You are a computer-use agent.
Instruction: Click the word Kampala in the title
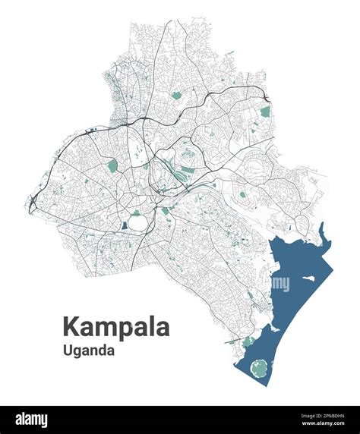click(115, 327)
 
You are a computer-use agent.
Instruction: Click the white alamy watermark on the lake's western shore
click(280, 284)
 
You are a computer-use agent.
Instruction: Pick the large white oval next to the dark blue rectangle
click(137, 222)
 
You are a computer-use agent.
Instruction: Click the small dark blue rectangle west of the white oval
click(124, 225)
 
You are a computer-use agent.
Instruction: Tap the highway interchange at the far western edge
click(33, 200)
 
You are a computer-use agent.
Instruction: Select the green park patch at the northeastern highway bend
click(265, 112)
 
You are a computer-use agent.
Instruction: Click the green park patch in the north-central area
click(176, 96)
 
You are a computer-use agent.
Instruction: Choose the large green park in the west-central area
click(112, 165)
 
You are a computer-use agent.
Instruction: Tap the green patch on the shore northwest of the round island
click(248, 342)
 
